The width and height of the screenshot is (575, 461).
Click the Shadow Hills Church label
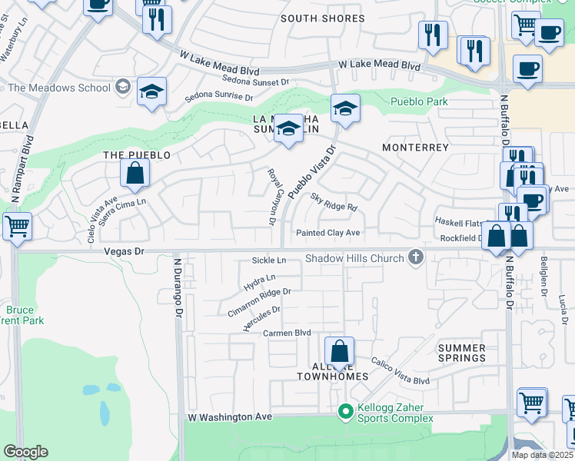354,258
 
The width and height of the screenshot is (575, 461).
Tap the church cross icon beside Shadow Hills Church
416,257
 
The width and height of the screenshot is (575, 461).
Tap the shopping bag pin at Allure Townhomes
339,353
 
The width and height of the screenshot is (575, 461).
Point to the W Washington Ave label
231,416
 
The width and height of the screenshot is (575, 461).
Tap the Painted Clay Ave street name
328,233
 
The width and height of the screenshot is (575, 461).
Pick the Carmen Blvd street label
287,333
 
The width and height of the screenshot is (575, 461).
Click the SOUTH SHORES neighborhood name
322,18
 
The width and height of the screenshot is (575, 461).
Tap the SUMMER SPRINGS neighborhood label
462,353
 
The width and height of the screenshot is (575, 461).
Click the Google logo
25,452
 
